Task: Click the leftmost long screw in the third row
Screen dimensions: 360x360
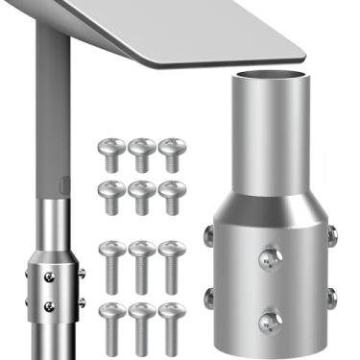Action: [112, 263]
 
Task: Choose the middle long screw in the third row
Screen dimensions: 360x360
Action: [142, 263]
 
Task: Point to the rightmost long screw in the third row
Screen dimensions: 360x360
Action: [171, 263]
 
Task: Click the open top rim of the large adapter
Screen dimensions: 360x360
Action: [269, 78]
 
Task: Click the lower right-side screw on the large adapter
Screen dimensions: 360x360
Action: [331, 296]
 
